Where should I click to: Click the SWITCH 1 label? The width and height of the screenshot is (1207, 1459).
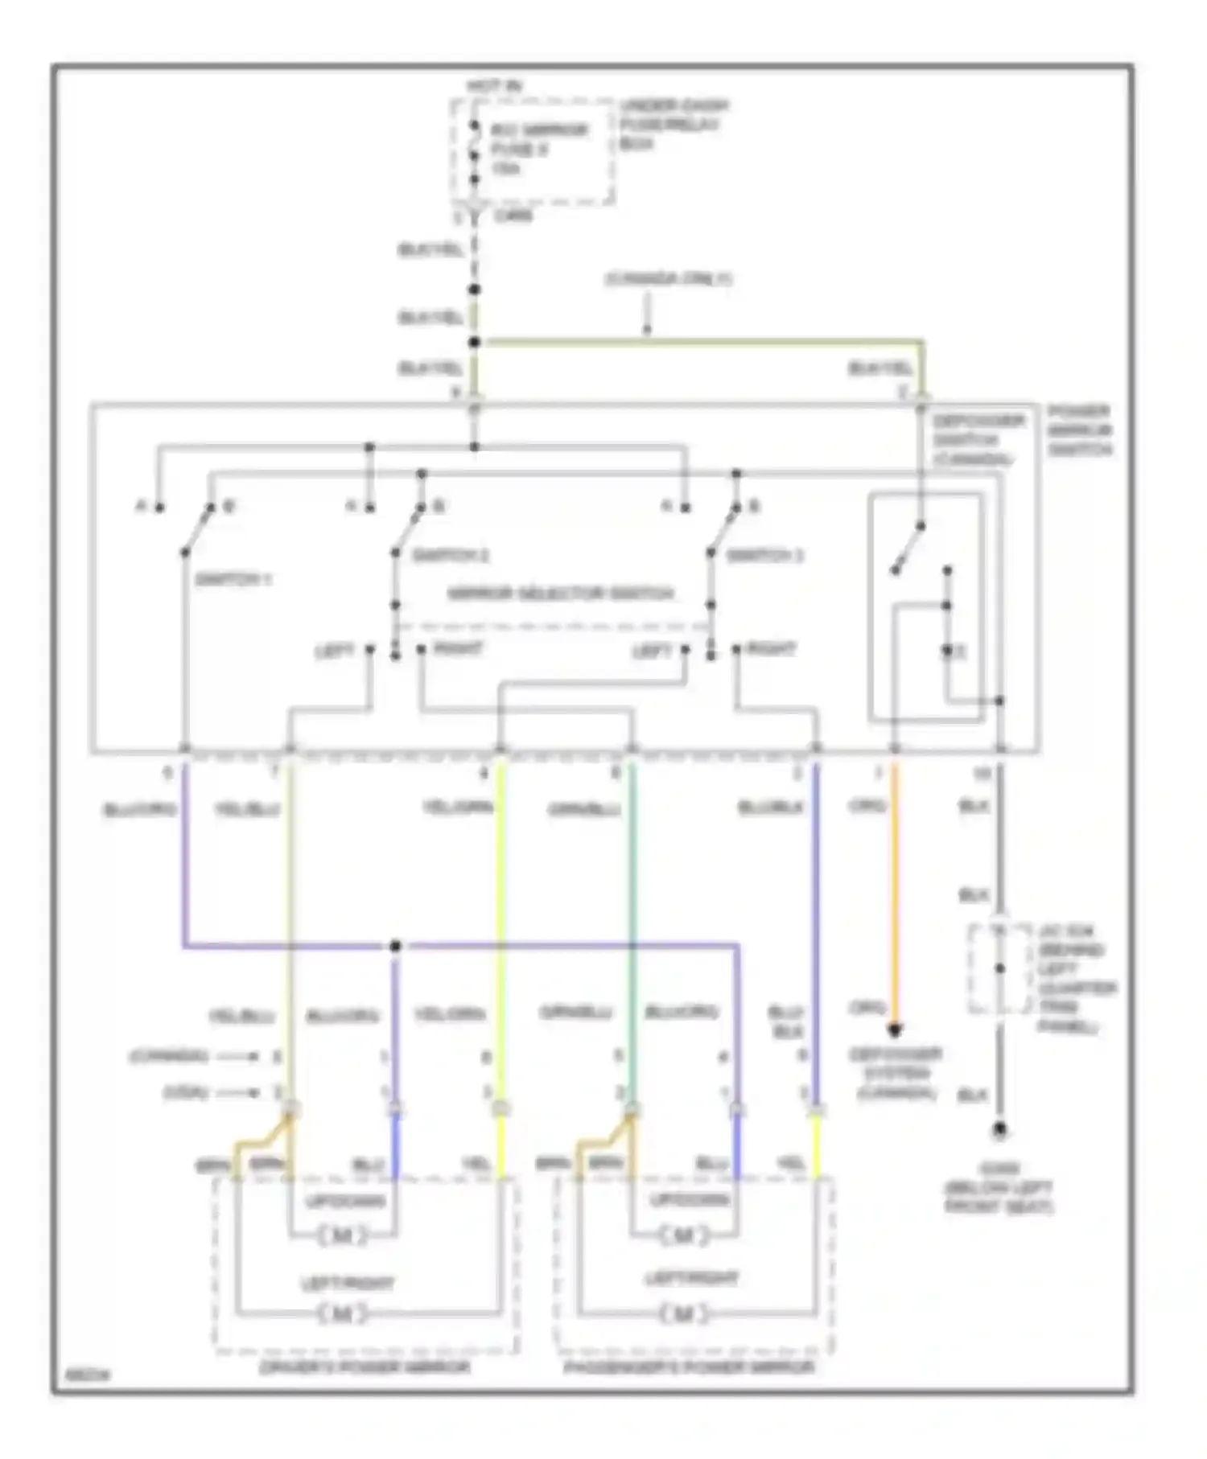pyautogui.click(x=233, y=580)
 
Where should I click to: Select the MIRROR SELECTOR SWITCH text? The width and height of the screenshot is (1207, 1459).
pyautogui.click(x=561, y=594)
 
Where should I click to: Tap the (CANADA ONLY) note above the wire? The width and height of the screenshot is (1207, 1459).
pyautogui.click(x=668, y=279)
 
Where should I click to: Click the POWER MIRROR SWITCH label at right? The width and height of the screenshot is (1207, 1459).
pyautogui.click(x=1079, y=430)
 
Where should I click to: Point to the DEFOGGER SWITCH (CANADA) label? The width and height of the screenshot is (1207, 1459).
pyautogui.click(x=978, y=440)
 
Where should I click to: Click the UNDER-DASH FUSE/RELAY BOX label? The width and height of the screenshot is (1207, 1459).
pyautogui.click(x=674, y=125)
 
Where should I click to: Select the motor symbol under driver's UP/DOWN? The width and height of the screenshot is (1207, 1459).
pyautogui.click(x=342, y=1235)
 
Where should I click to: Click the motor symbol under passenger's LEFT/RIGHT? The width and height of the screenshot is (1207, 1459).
pyautogui.click(x=682, y=1314)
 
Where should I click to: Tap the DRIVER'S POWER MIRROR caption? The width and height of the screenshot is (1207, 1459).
pyautogui.click(x=365, y=1367)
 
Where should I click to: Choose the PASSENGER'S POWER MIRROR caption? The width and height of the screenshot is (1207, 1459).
pyautogui.click(x=688, y=1367)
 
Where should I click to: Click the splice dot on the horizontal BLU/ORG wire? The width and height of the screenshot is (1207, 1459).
pyautogui.click(x=395, y=947)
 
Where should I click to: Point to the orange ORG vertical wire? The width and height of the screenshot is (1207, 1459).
pyautogui.click(x=895, y=893)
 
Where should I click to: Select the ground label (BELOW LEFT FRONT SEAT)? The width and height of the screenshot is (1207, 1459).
pyautogui.click(x=999, y=1188)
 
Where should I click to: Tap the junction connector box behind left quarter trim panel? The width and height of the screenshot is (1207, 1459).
pyautogui.click(x=999, y=969)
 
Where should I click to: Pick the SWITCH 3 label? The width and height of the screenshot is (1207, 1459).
pyautogui.click(x=765, y=556)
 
